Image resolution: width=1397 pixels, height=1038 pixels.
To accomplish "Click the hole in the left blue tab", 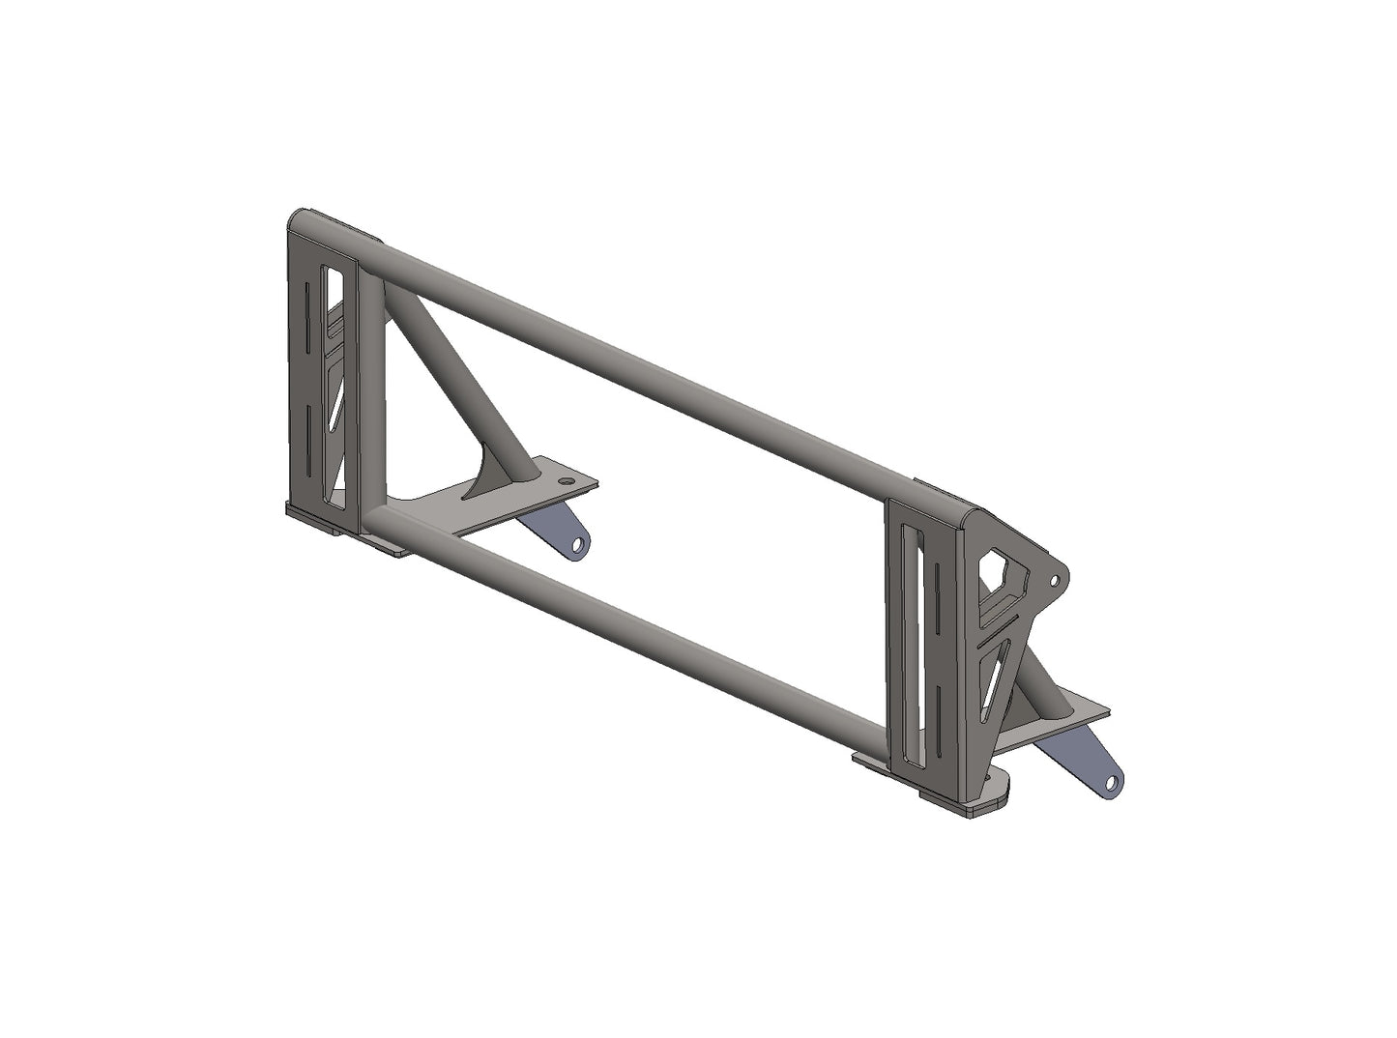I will point(578,546).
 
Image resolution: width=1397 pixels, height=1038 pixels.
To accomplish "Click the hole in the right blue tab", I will point(1112,782).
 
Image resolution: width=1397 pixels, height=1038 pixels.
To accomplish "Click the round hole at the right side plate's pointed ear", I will point(1054,580).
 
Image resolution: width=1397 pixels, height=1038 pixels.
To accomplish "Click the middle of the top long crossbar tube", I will point(638,358).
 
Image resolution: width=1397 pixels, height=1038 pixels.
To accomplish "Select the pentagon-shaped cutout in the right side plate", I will point(1002,580).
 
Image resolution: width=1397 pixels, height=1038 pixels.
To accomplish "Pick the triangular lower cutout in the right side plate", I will point(996,677).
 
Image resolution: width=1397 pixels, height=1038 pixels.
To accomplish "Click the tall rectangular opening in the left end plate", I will point(336,387).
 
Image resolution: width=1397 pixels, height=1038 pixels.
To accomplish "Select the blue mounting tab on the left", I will point(556,527).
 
